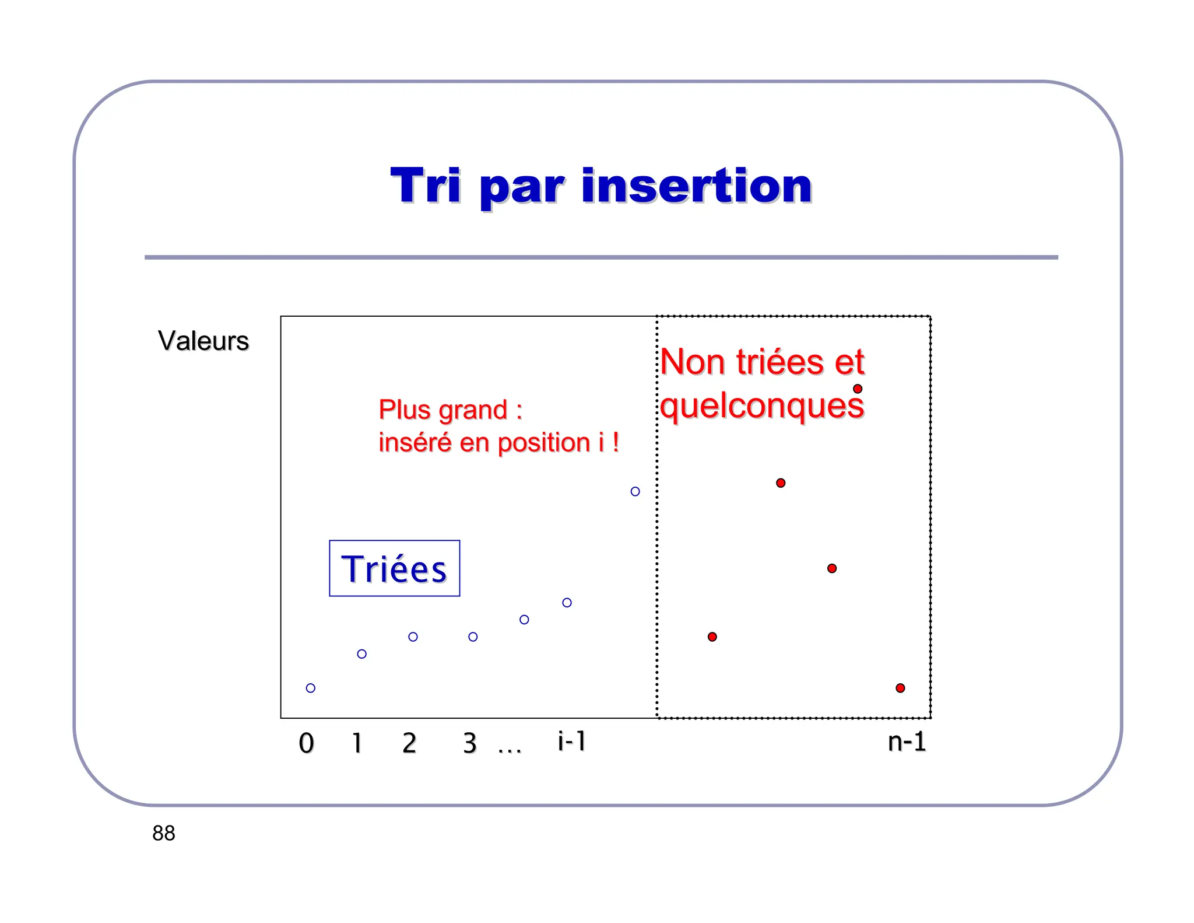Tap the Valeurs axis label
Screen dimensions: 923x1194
click(x=203, y=341)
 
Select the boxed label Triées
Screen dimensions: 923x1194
click(x=394, y=569)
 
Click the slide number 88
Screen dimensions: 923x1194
click(x=163, y=833)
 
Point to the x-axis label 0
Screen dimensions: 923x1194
click(x=306, y=743)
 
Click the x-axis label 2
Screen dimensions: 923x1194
click(x=409, y=743)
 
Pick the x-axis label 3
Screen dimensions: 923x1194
click(x=470, y=743)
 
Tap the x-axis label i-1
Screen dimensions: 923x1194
click(x=571, y=741)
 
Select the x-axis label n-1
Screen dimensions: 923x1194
click(x=907, y=742)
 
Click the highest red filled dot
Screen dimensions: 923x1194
click(x=858, y=389)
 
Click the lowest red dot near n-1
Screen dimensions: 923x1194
click(x=900, y=688)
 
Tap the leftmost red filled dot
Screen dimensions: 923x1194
click(x=712, y=637)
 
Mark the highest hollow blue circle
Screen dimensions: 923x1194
click(x=635, y=491)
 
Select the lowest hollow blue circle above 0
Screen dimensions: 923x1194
click(x=310, y=688)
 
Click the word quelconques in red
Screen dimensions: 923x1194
click(x=762, y=406)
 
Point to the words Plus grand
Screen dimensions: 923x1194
click(x=443, y=410)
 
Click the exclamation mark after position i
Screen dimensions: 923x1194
click(x=616, y=442)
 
